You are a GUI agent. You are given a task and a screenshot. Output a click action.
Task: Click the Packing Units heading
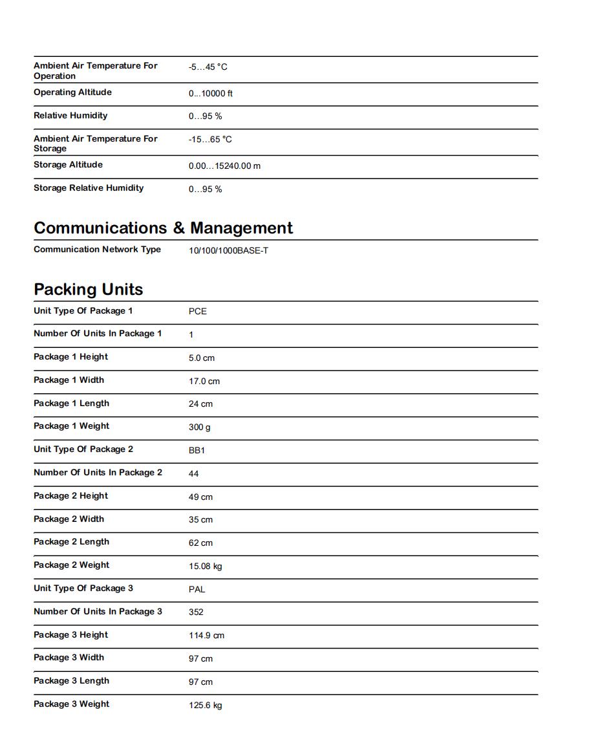click(x=88, y=289)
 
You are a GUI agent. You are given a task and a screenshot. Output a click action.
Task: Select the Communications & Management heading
click(x=163, y=228)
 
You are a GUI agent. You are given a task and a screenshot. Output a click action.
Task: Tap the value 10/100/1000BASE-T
click(x=228, y=250)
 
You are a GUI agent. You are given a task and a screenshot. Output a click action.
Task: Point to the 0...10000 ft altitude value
click(x=210, y=94)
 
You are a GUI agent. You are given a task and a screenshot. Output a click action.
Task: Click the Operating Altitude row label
click(x=72, y=92)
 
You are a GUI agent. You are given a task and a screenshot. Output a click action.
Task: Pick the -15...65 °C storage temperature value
click(x=210, y=140)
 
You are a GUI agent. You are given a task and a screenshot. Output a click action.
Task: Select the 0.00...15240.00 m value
click(x=224, y=166)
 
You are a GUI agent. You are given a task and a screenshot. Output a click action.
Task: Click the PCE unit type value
click(x=197, y=311)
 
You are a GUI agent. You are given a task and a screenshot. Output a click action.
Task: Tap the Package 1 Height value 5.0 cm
click(x=201, y=358)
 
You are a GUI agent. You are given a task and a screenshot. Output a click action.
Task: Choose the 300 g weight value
click(x=199, y=427)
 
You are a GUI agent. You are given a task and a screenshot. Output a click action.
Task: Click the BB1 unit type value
click(x=196, y=450)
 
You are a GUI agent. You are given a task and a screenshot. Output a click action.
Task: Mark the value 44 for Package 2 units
click(x=193, y=473)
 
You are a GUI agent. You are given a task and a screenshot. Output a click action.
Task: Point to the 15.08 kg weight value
click(x=205, y=567)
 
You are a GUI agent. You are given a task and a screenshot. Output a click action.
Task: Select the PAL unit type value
click(x=196, y=589)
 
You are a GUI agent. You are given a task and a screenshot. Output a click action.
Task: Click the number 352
click(x=196, y=612)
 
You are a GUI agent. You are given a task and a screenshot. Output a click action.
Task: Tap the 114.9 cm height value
click(x=206, y=636)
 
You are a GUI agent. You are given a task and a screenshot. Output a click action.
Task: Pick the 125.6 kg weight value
click(x=205, y=705)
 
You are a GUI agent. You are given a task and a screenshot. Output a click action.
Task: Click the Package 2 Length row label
click(x=71, y=542)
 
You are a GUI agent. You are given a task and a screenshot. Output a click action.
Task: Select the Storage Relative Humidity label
click(x=89, y=188)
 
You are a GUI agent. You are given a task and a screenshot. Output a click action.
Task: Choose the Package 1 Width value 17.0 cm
click(x=204, y=381)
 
